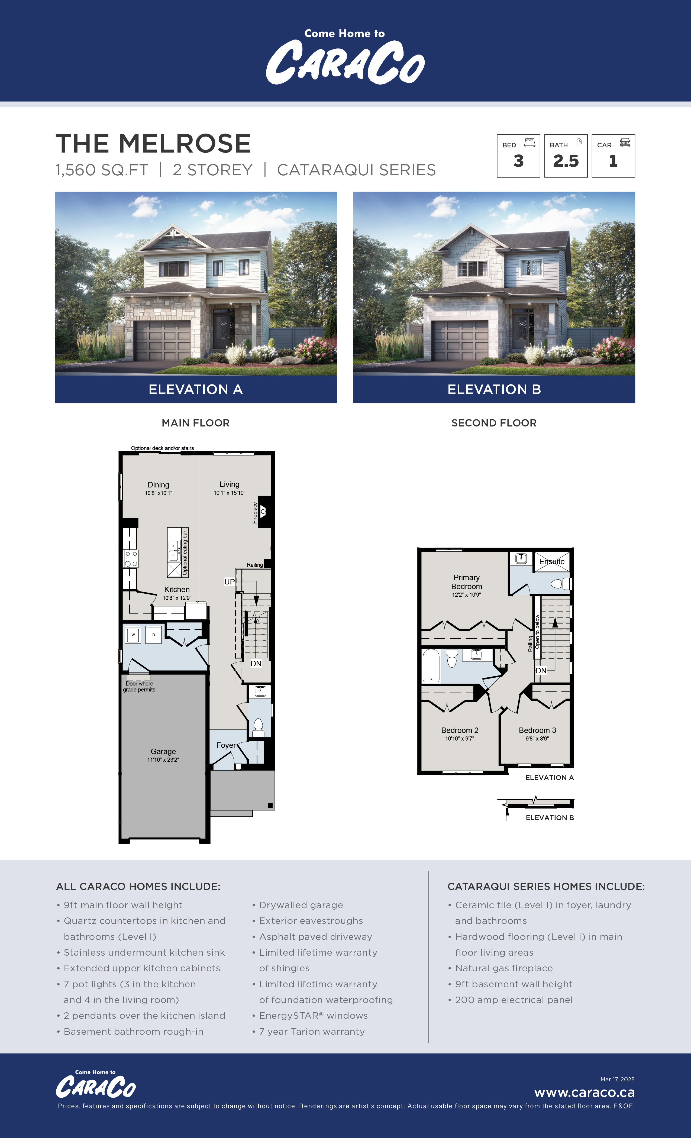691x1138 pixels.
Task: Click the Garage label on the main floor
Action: [x=163, y=751]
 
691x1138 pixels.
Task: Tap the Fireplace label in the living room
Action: [x=254, y=513]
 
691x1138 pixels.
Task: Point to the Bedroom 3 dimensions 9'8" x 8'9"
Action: [x=537, y=739]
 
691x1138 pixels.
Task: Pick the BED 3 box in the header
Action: [x=518, y=156]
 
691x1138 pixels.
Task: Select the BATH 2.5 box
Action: [x=566, y=156]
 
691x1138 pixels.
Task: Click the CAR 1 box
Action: [x=613, y=156]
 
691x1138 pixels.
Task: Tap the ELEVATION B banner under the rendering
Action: [x=494, y=389]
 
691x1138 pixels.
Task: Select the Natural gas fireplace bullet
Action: [x=503, y=968]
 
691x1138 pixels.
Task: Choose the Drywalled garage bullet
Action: [x=301, y=905]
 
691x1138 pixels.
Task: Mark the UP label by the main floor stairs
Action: [x=229, y=581]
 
